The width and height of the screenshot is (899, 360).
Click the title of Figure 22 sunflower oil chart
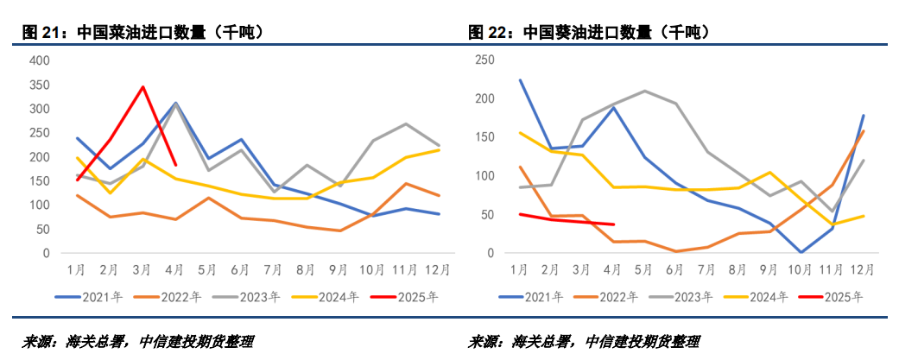[x=588, y=33]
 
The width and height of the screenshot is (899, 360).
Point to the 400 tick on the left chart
[x=40, y=60]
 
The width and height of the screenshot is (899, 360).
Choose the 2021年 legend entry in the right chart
[x=529, y=297]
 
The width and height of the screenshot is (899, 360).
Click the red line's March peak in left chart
[x=143, y=86]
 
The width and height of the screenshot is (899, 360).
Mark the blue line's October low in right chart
[x=802, y=252]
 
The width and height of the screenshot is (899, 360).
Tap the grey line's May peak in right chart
[x=644, y=91]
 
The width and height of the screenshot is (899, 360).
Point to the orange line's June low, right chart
[x=675, y=251]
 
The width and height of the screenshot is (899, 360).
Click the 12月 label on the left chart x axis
[x=439, y=269]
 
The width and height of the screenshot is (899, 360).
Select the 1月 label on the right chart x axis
[x=519, y=269]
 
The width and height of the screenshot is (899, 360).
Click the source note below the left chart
[x=138, y=341]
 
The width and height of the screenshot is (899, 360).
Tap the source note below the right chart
[x=584, y=341]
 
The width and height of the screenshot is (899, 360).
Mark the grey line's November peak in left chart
[x=406, y=123]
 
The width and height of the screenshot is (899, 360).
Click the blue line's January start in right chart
[x=520, y=79]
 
